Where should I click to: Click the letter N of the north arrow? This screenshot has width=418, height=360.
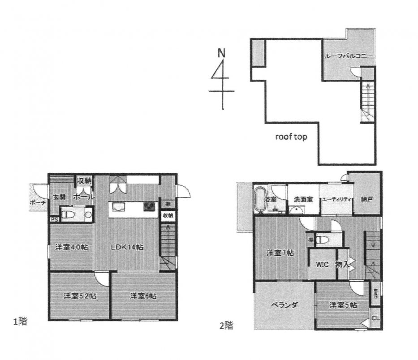click(x=221, y=52)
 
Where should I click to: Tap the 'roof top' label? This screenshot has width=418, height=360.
click(x=291, y=137)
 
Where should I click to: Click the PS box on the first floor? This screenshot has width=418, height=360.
click(x=54, y=219)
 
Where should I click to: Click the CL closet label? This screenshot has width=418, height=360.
click(x=376, y=318)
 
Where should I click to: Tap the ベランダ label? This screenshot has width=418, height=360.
click(x=284, y=306)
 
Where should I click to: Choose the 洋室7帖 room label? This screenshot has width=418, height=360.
click(x=280, y=253)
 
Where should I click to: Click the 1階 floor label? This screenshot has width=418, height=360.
click(x=21, y=321)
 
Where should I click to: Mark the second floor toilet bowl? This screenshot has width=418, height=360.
click(x=321, y=240)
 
